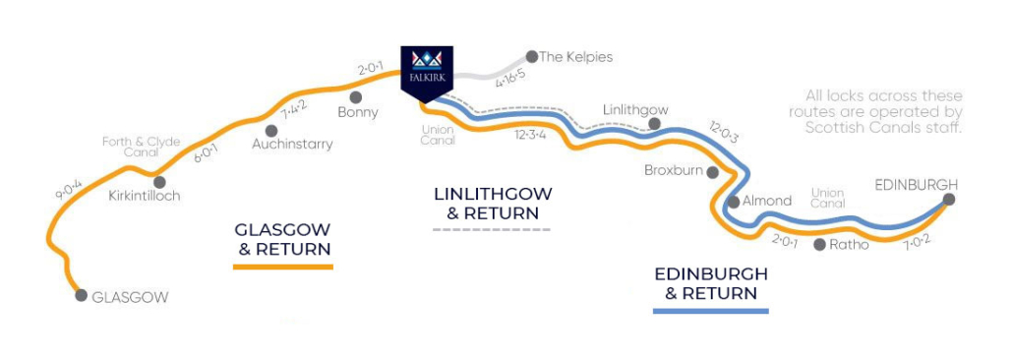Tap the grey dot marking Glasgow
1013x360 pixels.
coord(81,295)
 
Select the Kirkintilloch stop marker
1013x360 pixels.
coord(157,181)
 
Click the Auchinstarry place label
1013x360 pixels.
coord(291,144)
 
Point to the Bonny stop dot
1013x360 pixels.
coord(355,97)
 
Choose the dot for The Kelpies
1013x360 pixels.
coord(531,56)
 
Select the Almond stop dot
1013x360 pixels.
coord(733,202)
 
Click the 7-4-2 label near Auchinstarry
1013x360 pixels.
coord(294,109)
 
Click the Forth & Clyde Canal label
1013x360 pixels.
coord(142,148)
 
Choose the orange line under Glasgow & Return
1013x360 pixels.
coord(283,266)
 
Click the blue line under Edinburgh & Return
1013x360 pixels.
coord(710,310)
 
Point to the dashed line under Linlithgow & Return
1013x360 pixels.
coord(492,229)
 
